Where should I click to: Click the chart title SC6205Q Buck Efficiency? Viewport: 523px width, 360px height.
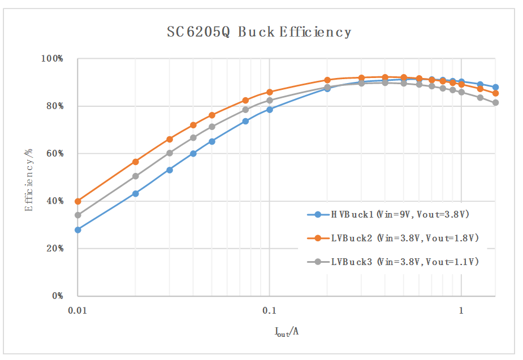tap(259, 32)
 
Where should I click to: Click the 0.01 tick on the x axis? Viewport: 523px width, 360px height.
tap(77, 310)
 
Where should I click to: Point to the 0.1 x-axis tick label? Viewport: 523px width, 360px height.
tap(269, 310)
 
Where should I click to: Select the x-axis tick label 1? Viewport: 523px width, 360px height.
tap(461, 310)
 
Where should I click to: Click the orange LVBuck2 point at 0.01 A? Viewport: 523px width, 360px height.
tap(78, 201)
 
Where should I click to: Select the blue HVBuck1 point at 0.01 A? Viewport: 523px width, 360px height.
tap(78, 230)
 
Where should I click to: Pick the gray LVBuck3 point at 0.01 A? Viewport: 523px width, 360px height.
tap(78, 215)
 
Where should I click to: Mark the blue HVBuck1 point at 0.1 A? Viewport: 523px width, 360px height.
tap(270, 110)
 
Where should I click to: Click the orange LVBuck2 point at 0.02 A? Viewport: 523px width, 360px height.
tap(136, 162)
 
